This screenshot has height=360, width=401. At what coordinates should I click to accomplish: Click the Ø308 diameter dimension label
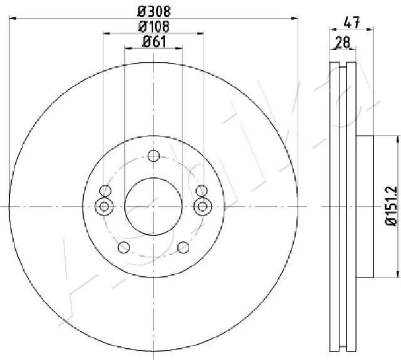point(154,11)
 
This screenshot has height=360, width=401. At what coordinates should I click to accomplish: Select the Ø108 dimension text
point(154,26)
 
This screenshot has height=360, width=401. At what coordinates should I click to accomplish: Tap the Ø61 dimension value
point(154,41)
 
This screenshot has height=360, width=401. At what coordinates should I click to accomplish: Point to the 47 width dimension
point(352,23)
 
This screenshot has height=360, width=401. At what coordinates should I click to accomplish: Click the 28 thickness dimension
point(343,42)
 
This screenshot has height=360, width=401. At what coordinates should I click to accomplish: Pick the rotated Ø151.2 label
point(391,206)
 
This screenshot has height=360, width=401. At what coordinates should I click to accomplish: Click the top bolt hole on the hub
point(154,156)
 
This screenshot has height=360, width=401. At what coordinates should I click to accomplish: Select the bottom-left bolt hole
point(124,247)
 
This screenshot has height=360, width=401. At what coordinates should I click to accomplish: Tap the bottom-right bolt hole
point(184,247)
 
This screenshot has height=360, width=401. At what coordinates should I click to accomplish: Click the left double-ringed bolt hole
point(104,206)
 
